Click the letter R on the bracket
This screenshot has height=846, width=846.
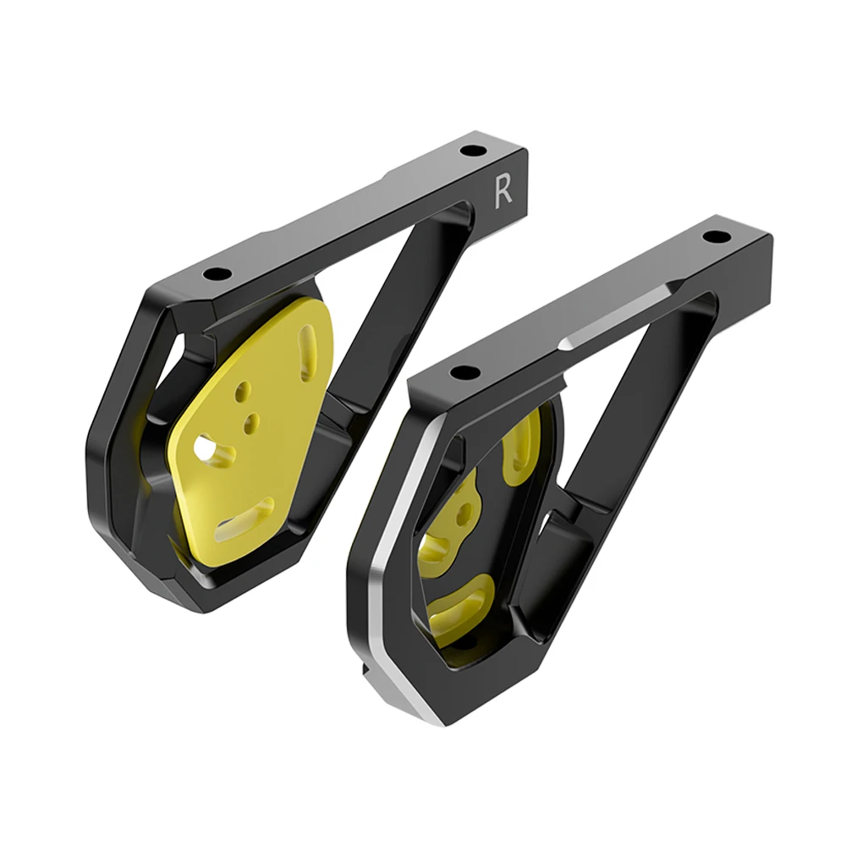503,192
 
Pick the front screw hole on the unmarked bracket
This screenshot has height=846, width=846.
463,372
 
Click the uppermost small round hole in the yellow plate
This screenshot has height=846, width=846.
244,392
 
